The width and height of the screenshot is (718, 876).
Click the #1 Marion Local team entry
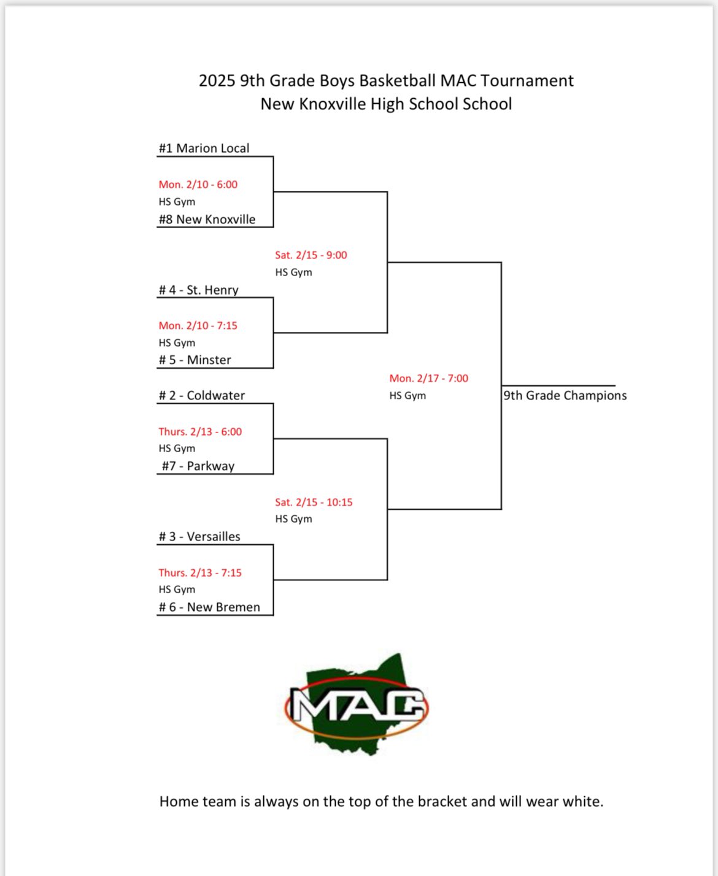[204, 148]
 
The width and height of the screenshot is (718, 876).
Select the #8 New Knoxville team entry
[207, 220]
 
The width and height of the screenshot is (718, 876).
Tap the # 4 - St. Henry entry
[198, 290]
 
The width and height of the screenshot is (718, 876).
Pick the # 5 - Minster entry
[195, 360]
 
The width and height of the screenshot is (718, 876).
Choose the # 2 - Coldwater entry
[201, 396]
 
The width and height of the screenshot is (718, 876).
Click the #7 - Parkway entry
[198, 466]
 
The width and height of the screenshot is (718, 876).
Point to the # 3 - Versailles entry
[199, 537]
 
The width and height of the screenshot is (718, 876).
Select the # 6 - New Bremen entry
[209, 607]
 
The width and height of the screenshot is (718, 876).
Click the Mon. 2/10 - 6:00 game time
[198, 185]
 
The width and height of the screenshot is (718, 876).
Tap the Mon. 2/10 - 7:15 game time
[198, 326]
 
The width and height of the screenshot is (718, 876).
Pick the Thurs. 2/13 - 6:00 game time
[200, 432]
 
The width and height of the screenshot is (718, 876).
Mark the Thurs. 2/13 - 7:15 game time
[200, 573]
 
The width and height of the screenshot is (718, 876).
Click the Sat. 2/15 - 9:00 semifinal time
[311, 255]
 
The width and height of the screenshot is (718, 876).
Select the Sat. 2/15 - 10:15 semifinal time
[314, 502]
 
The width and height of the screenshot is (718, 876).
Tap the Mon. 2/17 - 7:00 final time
[428, 378]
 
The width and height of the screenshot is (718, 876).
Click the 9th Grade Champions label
[565, 396]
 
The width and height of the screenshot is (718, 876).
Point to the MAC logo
[357, 705]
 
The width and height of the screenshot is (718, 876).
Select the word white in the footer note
[582, 801]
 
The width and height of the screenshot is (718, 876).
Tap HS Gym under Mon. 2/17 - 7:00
[407, 396]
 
